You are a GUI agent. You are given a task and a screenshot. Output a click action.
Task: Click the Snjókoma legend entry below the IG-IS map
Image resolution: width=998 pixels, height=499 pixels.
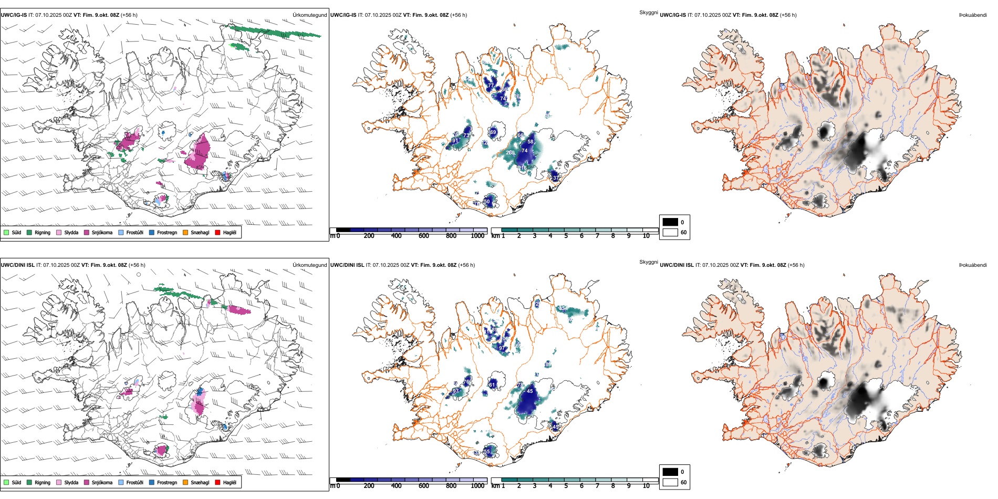pos(102,232)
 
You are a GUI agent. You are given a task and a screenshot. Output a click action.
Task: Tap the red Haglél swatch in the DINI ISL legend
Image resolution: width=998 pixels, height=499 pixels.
pos(217,482)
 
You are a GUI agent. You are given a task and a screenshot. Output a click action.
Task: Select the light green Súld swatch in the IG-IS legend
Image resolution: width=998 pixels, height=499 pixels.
pos(6,232)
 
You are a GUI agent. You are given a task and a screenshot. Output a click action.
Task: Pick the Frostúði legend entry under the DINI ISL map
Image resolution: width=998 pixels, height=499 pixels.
pos(134,482)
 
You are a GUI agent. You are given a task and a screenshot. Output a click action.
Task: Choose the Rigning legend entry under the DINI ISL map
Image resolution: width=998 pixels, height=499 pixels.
pos(42,482)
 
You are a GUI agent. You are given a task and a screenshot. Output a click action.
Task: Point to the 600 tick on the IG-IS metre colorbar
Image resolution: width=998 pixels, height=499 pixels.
pos(424,236)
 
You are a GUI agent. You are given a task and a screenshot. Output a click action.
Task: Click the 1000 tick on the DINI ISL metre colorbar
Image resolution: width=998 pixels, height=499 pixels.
pos(477,486)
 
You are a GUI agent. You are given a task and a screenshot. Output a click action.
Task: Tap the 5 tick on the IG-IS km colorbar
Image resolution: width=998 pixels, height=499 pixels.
pos(566,236)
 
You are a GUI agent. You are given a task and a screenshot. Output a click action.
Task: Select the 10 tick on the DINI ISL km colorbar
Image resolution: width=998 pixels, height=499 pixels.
pos(646,486)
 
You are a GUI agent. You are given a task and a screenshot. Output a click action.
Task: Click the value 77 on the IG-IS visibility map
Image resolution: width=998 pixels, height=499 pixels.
pos(491,86)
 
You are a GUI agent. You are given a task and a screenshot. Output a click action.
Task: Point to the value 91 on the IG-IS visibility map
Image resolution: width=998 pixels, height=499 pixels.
pos(455,141)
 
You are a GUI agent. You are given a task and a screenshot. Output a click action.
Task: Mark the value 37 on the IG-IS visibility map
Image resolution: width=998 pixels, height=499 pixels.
pos(556,178)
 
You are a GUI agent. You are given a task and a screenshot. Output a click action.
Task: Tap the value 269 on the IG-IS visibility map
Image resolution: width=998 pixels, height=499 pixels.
pos(510,153)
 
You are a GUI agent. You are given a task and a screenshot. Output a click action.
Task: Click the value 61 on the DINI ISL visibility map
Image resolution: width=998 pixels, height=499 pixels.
pos(492,385)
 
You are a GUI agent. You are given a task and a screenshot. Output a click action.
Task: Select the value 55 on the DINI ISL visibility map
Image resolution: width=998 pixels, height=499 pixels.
pos(487,451)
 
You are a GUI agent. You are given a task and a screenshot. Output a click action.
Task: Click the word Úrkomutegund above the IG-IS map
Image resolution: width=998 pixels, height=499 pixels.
pos(309,15)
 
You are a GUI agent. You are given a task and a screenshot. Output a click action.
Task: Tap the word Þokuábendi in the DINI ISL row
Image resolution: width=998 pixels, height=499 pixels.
pos(973,265)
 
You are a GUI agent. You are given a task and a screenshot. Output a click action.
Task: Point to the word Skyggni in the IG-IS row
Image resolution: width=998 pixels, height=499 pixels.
pos(648,13)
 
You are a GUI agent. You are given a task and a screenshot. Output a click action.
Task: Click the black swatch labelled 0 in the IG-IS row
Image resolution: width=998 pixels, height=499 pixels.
pos(670,222)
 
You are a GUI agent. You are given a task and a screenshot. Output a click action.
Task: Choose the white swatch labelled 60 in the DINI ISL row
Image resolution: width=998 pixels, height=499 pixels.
pos(670,482)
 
